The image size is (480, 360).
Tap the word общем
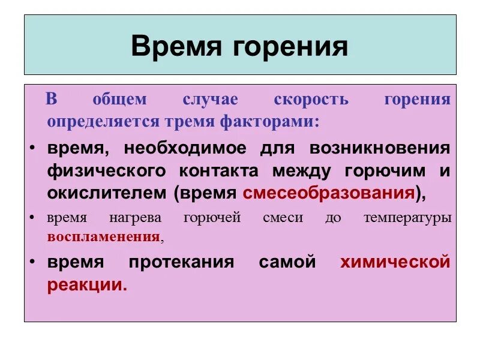119,100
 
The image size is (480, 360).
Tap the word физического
106,171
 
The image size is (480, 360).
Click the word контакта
218,171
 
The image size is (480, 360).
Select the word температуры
407,218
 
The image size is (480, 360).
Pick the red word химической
395,263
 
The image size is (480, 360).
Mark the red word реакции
87,285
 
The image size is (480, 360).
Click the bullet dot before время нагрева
32,218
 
